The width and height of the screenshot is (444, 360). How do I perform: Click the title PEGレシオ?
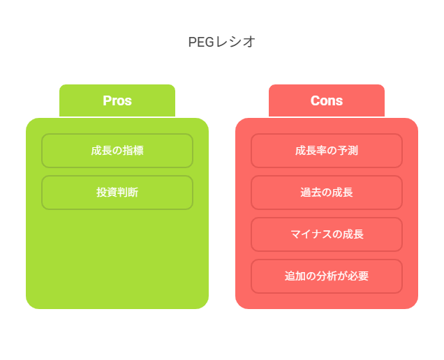(x=222, y=42)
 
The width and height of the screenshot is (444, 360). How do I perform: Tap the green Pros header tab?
(x=117, y=100)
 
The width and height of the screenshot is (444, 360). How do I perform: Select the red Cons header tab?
(x=327, y=100)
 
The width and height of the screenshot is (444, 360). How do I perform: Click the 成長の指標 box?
(x=117, y=151)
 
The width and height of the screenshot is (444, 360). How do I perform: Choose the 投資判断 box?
(x=117, y=193)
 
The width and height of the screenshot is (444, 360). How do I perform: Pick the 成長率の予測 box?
(x=327, y=151)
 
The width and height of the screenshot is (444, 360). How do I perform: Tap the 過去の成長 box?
(x=327, y=193)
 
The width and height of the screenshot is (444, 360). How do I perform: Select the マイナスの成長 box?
(x=327, y=234)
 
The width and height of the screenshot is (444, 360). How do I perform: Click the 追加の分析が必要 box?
(x=327, y=276)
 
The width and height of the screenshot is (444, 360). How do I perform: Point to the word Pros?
(x=117, y=100)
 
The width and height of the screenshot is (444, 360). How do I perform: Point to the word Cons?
(x=327, y=100)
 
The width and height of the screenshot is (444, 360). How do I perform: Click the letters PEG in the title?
(x=201, y=42)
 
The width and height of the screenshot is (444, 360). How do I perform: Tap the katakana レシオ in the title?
(x=235, y=42)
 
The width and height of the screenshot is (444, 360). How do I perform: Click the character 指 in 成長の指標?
(x=128, y=151)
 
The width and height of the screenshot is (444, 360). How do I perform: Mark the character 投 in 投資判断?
(x=101, y=193)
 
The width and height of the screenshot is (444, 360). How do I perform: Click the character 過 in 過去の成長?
(x=306, y=193)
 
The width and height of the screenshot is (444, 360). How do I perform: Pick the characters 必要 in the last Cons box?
(x=358, y=276)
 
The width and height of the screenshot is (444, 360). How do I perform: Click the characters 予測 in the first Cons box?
(x=348, y=151)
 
